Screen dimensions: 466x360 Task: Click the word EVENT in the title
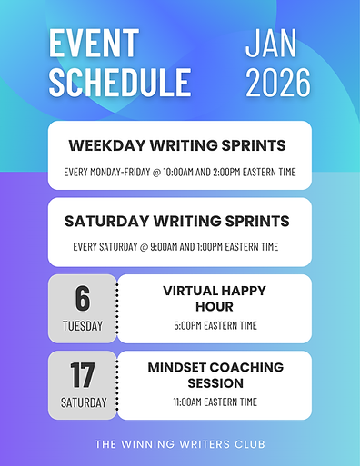pyautogui.click(x=94, y=43)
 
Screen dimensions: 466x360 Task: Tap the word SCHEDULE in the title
pyautogui.click(x=120, y=82)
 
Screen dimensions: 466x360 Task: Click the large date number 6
pyautogui.click(x=83, y=298)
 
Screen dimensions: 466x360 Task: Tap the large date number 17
pyautogui.click(x=83, y=374)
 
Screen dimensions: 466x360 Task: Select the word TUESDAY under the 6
pyautogui.click(x=83, y=326)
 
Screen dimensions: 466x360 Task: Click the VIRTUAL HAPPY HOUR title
pyautogui.click(x=215, y=299)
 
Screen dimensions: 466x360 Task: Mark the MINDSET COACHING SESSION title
pyautogui.click(x=215, y=375)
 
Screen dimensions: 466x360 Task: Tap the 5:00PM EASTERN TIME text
pyautogui.click(x=215, y=326)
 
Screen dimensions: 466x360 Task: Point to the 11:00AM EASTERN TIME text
pyautogui.click(x=215, y=402)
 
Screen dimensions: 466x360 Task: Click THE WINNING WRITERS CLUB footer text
pyautogui.click(x=179, y=444)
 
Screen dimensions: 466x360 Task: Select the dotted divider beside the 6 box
pyautogui.click(x=117, y=309)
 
